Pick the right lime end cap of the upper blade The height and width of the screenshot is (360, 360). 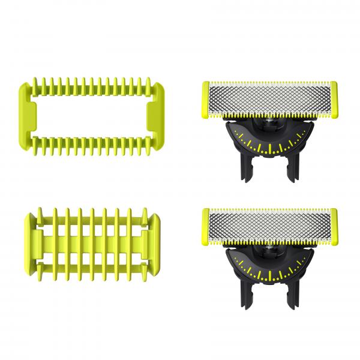334,98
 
